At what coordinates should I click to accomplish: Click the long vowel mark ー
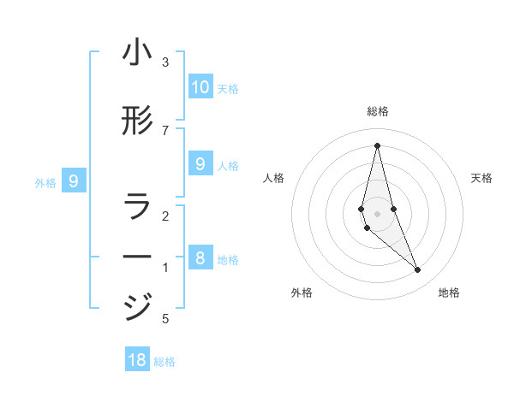(137, 257)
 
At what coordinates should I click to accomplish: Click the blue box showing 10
(200, 86)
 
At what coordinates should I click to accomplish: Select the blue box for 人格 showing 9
(200, 163)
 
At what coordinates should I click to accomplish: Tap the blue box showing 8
(200, 257)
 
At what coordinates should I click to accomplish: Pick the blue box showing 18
(137, 359)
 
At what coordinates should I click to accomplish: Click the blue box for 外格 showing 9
(74, 180)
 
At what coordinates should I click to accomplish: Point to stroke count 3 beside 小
(165, 62)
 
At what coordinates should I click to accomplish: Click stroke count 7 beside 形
(165, 130)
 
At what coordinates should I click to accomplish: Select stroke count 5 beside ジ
(165, 319)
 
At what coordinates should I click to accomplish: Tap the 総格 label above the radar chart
(378, 111)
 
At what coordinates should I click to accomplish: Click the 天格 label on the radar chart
(481, 178)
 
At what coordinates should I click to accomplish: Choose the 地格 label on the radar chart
(449, 293)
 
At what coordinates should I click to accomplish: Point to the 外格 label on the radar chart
(302, 293)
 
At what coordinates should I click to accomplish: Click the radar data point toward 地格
(418, 270)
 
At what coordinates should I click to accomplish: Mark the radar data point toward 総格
(378, 145)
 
